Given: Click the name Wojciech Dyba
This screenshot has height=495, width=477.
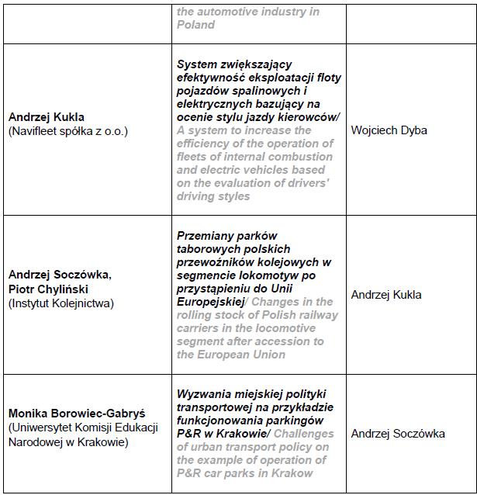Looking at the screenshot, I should [x=389, y=130].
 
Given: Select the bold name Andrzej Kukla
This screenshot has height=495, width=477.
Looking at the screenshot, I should [x=47, y=117].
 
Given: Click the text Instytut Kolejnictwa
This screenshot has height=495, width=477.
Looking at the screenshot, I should [x=61, y=303].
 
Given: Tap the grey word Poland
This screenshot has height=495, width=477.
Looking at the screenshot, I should [x=195, y=24].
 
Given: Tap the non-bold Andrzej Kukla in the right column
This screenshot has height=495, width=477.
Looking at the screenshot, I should [x=386, y=295].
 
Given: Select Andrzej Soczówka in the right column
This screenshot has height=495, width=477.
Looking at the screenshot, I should [x=398, y=434].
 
